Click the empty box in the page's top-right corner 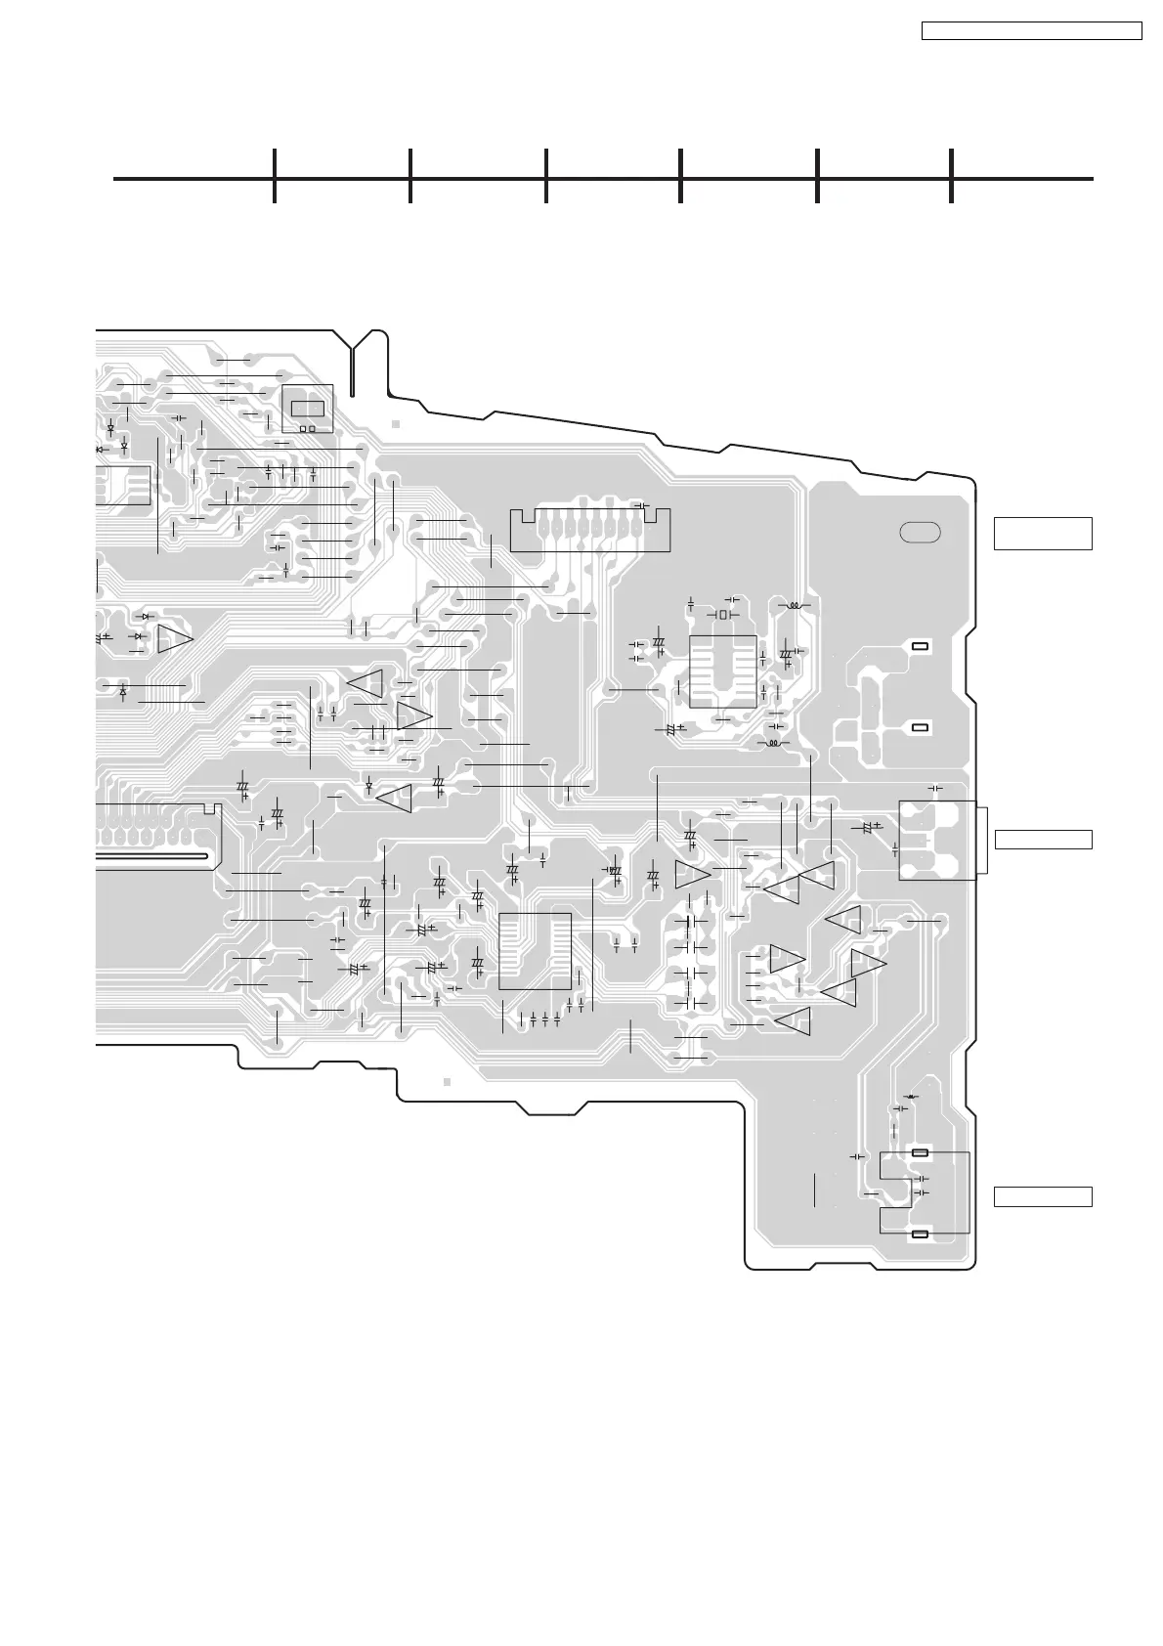coord(1032,30)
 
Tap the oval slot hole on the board coord(921,533)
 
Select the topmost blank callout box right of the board coord(1042,534)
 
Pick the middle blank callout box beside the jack coord(1042,840)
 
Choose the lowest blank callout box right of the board coord(1042,1196)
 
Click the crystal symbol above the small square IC coord(724,615)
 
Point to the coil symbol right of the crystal coord(796,606)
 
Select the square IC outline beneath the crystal coord(723,671)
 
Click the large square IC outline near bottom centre coord(535,951)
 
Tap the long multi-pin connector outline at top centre coord(591,529)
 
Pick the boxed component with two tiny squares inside coord(307,409)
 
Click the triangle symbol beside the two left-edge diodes coord(176,638)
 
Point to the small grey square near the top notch coord(396,424)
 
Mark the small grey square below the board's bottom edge coord(446,1082)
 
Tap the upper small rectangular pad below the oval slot coord(919,647)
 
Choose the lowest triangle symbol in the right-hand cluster coord(794,1021)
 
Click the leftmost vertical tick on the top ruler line coord(275,177)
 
